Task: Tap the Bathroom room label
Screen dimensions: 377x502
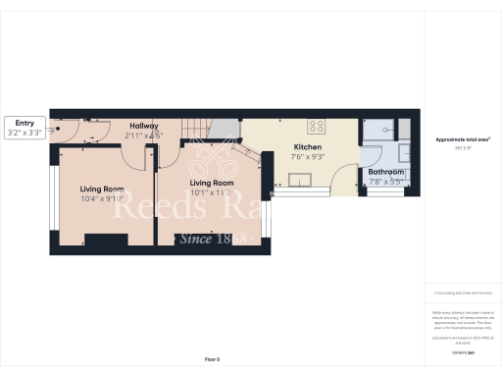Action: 385,172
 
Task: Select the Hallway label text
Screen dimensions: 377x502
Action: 141,126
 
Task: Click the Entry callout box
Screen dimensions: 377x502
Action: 25,128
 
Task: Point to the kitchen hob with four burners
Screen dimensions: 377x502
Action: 318,127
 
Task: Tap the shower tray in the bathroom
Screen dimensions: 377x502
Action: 376,129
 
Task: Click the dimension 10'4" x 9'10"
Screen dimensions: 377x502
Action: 102,197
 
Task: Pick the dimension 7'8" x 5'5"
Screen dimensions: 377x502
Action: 385,181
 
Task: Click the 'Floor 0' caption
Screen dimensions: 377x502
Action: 212,360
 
